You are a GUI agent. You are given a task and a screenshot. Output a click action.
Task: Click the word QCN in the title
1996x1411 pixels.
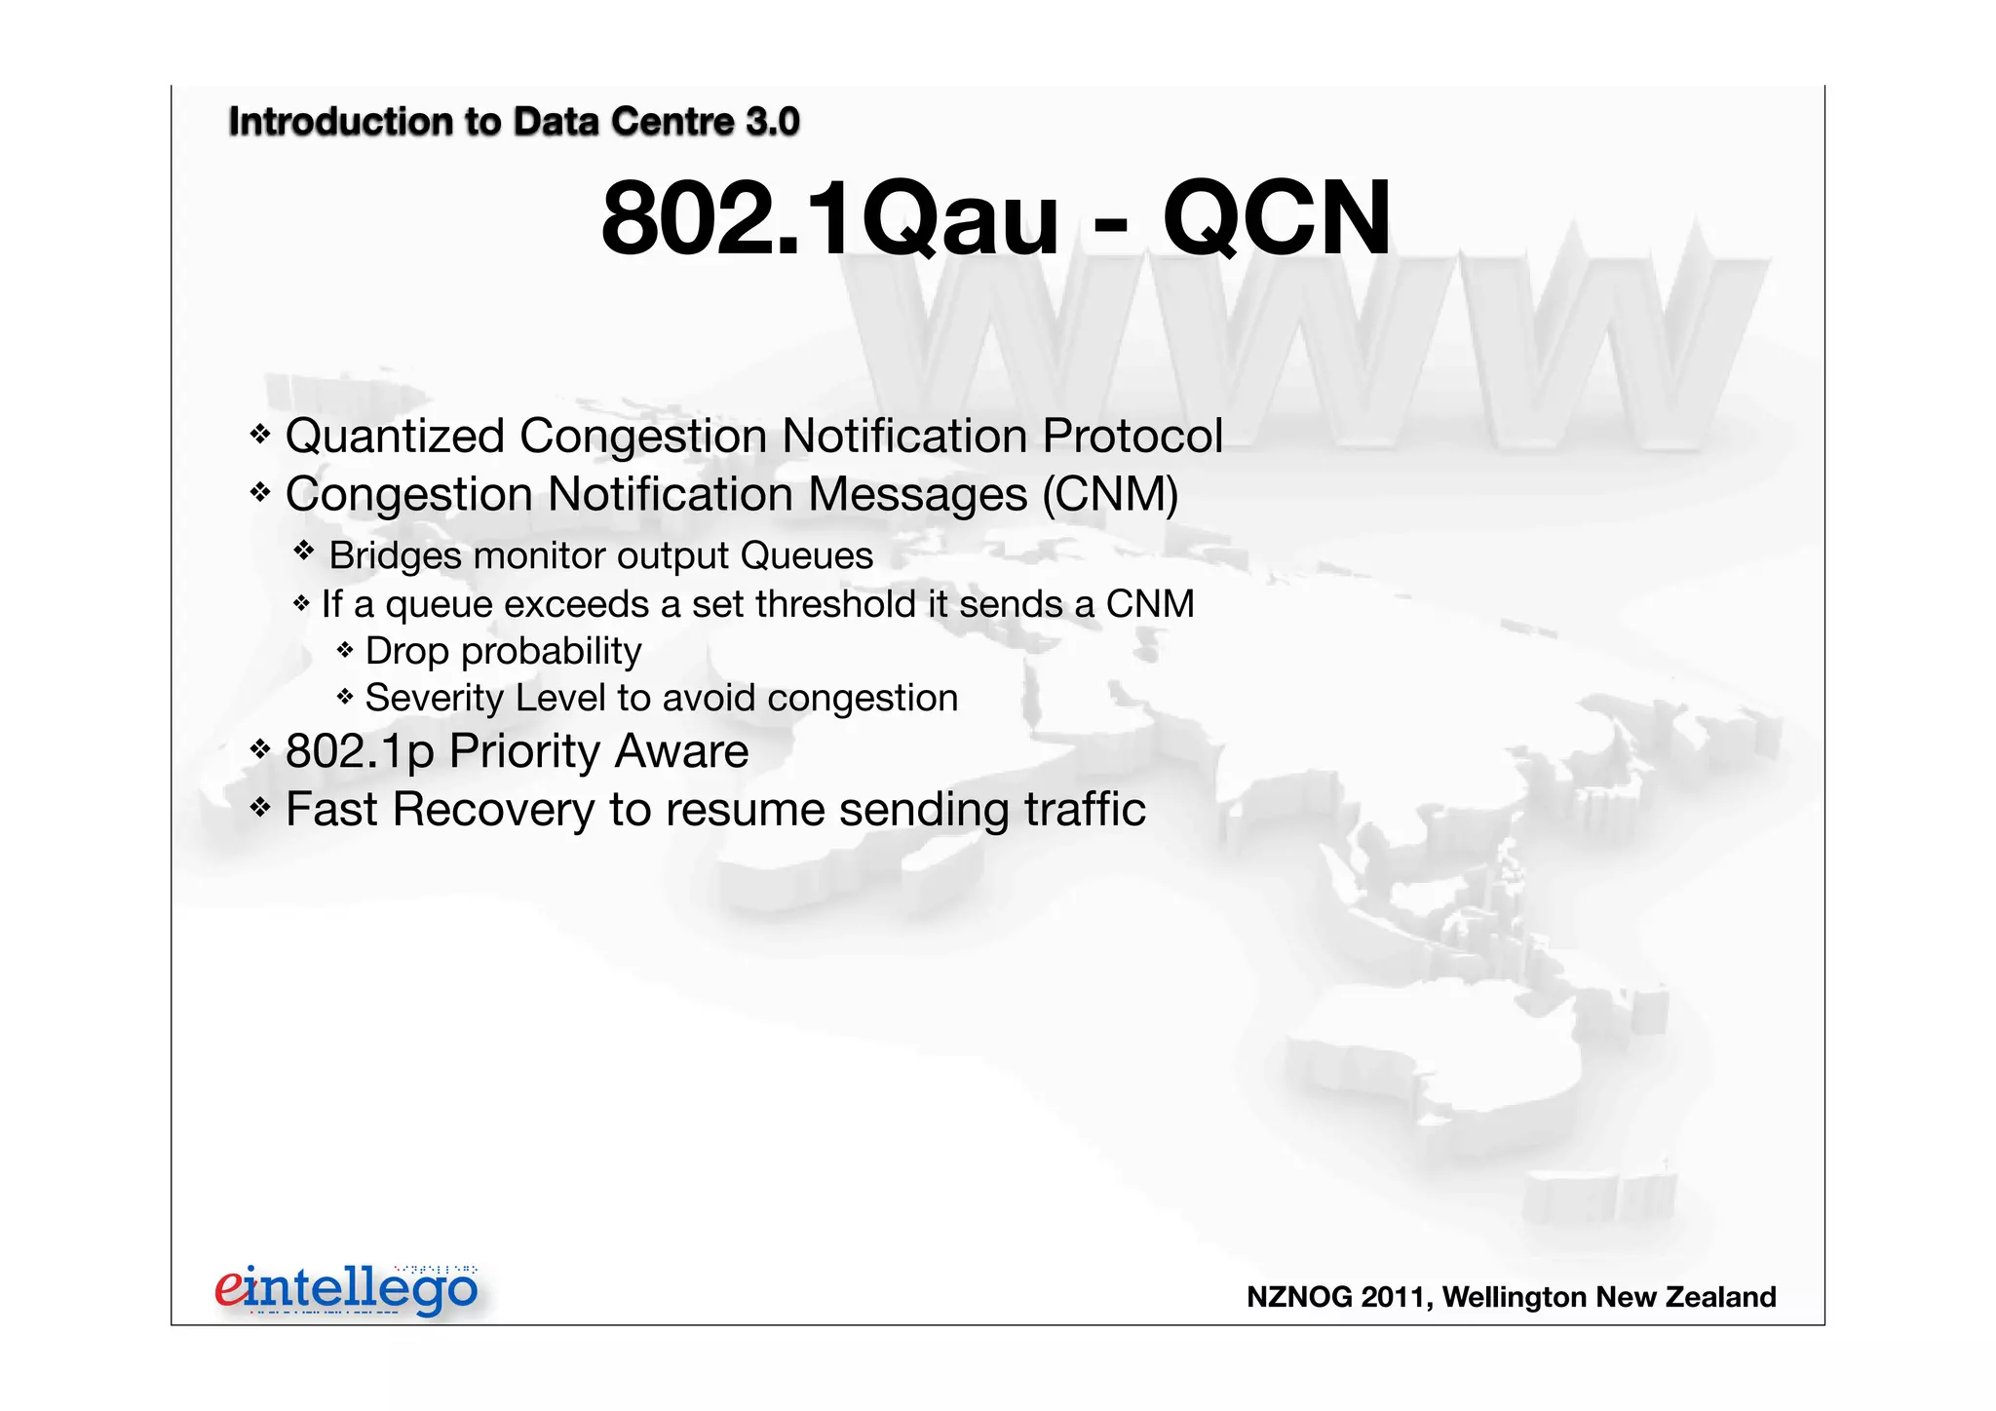click(x=1276, y=218)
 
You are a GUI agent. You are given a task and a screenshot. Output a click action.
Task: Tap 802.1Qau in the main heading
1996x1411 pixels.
click(x=829, y=218)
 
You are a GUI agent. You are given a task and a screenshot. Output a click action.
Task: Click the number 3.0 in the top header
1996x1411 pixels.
click(x=772, y=122)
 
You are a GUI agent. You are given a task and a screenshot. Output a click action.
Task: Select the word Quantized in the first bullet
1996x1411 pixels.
click(x=395, y=436)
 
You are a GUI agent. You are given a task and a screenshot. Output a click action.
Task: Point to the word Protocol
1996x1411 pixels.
click(x=1132, y=436)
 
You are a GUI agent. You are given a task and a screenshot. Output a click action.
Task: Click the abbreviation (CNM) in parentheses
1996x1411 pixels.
click(x=1110, y=494)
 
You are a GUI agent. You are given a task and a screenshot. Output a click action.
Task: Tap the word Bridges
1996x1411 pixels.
click(x=395, y=556)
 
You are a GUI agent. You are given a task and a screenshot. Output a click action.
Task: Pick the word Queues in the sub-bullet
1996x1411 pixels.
click(x=806, y=555)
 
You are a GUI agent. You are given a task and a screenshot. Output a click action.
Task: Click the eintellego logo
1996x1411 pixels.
click(x=347, y=1288)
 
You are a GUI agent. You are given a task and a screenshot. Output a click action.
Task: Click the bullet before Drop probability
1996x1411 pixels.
click(x=344, y=649)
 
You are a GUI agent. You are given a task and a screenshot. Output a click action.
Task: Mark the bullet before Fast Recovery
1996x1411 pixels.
click(x=259, y=807)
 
